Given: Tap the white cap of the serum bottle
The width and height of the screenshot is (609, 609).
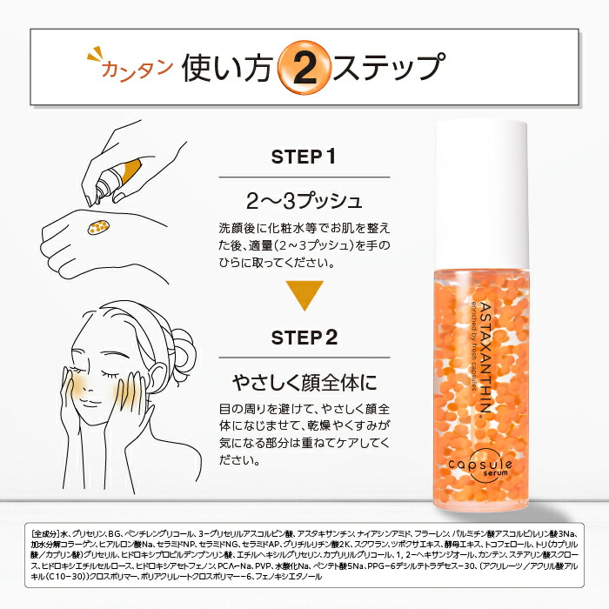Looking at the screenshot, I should [479, 191].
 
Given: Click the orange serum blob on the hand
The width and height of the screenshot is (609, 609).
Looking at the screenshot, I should [97, 229].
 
